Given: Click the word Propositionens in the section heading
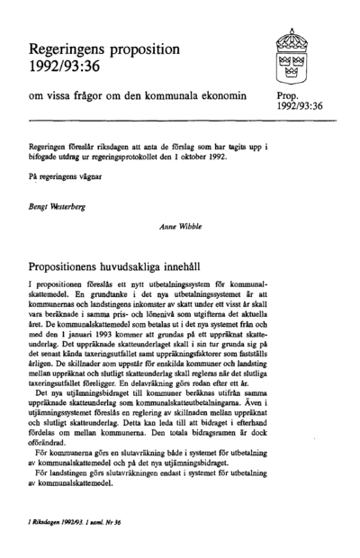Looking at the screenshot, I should click(x=69, y=268).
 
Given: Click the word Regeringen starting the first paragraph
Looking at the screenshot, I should click(x=50, y=143).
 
